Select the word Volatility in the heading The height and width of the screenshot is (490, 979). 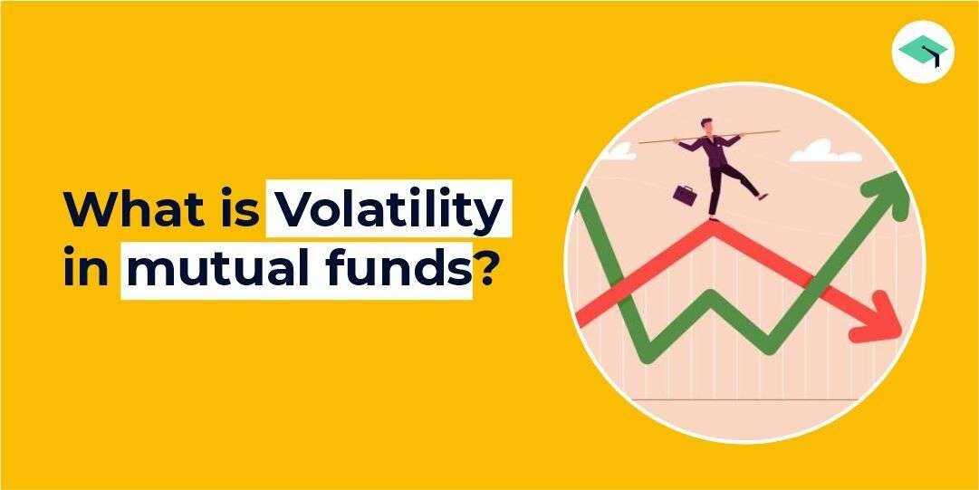(384, 210)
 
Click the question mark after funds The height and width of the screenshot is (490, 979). (486, 269)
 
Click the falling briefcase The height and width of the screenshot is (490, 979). (684, 192)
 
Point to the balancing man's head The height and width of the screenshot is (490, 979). (706, 124)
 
